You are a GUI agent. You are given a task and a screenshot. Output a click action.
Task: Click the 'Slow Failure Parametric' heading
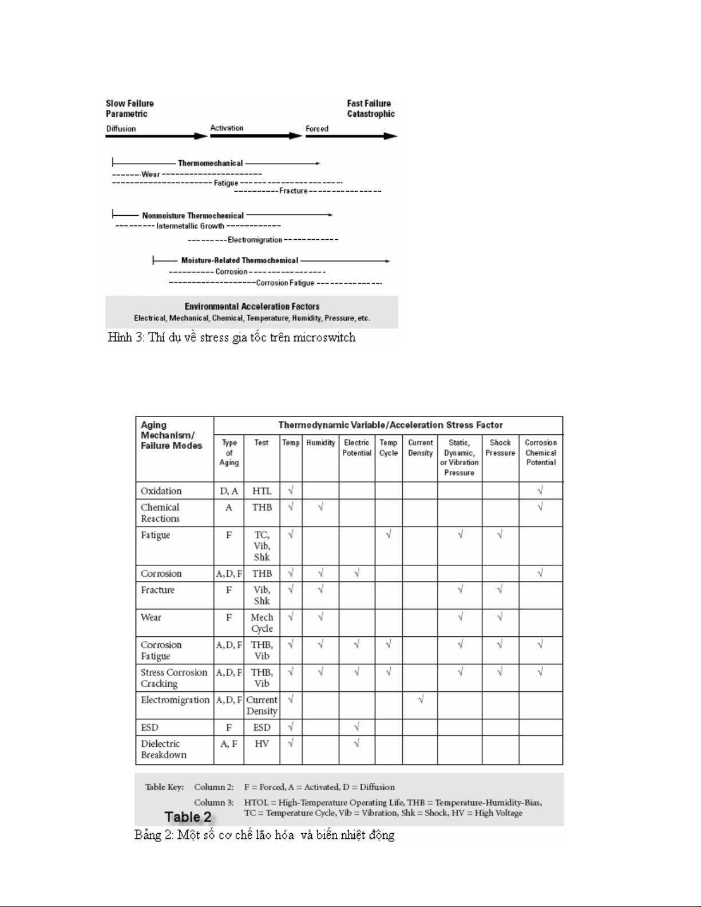(130, 109)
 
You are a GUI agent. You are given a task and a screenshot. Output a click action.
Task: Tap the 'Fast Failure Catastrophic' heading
(370, 109)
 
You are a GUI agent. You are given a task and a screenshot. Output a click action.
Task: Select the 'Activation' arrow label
(227, 128)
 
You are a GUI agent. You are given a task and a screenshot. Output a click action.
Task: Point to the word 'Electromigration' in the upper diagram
(255, 240)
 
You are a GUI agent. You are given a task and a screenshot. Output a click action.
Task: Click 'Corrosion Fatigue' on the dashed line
(285, 283)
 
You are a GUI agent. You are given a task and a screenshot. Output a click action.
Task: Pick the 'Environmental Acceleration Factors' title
(252, 307)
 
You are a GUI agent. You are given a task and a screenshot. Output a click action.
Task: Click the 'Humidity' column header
(320, 443)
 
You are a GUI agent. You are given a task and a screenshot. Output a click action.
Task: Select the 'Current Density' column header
(420, 448)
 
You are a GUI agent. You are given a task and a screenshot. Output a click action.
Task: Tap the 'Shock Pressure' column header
(500, 448)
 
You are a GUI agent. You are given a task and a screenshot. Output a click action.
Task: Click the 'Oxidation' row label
(161, 491)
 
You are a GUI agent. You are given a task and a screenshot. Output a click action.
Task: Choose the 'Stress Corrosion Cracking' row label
(174, 678)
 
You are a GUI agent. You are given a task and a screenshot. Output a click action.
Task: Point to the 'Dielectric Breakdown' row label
(163, 749)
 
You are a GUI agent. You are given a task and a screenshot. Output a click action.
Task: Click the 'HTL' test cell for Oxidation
(262, 491)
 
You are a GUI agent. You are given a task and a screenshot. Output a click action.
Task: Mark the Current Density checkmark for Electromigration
(420, 699)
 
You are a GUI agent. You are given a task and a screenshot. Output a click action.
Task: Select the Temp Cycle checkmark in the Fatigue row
(389, 534)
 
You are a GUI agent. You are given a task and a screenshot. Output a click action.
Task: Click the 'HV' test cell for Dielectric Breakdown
(262, 743)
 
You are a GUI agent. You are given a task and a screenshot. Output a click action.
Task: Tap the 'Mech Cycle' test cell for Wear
(262, 623)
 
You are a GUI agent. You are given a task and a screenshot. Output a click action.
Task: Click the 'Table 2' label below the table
(188, 817)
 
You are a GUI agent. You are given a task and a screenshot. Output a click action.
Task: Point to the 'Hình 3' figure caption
(231, 338)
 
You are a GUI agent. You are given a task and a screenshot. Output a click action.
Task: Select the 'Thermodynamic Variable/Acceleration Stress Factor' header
(390, 425)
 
